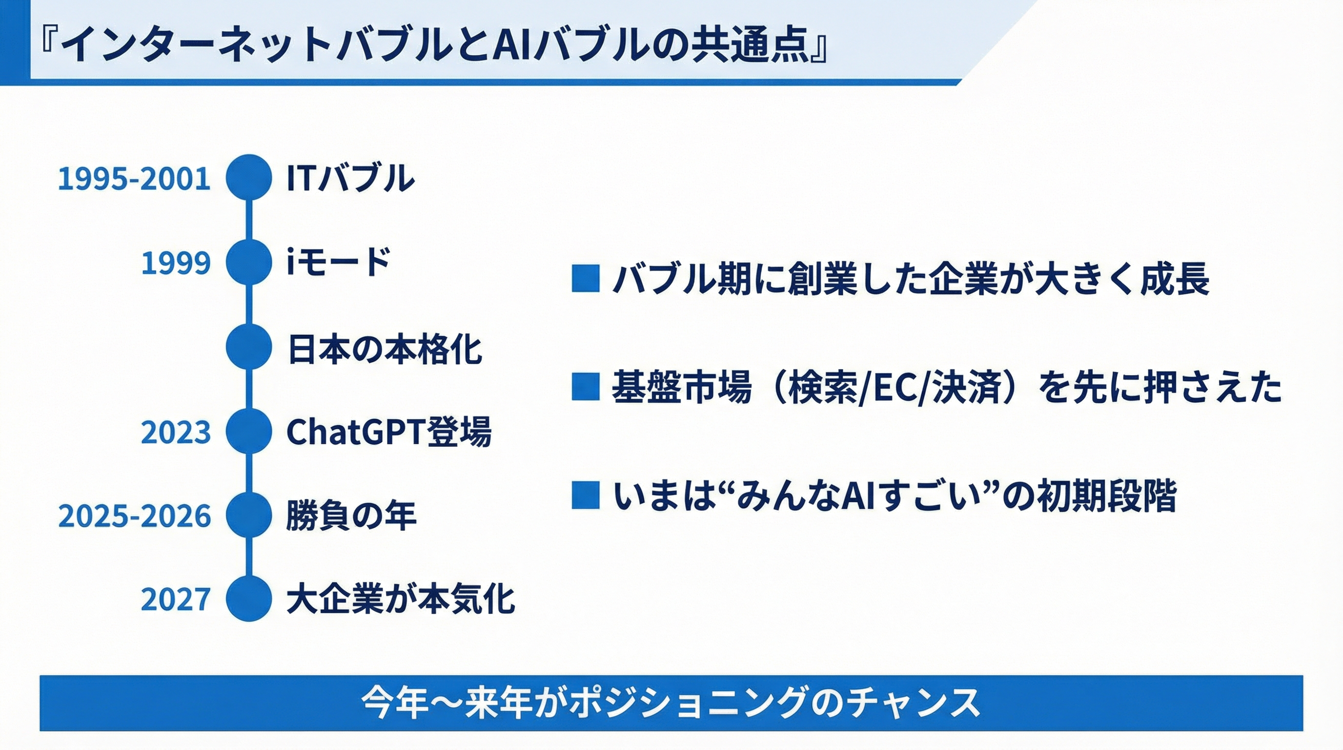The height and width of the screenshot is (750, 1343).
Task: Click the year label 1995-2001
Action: (x=134, y=178)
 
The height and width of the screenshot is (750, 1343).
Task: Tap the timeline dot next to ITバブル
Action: (x=249, y=177)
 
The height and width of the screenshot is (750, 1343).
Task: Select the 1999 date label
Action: (x=176, y=262)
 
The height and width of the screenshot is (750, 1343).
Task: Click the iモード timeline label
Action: (x=339, y=262)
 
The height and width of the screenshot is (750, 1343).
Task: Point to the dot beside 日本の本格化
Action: (x=249, y=347)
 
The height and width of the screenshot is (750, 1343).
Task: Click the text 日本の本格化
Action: (x=385, y=349)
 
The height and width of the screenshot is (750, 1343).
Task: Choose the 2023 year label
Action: (x=176, y=432)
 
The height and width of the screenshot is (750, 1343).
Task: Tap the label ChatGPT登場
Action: (x=389, y=432)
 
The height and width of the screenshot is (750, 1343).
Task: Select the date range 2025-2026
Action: (x=135, y=516)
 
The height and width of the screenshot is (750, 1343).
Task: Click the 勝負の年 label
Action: (x=351, y=516)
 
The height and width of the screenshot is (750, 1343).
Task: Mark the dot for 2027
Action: (x=249, y=598)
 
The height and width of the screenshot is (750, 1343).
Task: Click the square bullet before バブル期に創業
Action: (x=586, y=278)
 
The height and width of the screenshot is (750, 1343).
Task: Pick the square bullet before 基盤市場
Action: (x=586, y=386)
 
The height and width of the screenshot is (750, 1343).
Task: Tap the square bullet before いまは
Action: (x=586, y=495)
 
